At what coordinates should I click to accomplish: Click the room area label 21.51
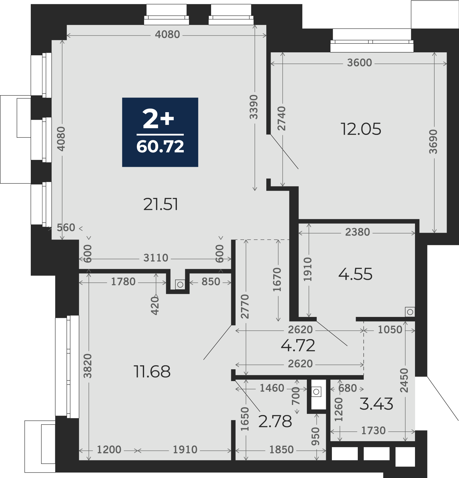[x=160, y=204]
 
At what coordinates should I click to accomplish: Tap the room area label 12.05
[x=361, y=129]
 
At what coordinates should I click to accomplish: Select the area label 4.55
[x=355, y=274]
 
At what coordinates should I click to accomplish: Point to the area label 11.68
[x=152, y=371]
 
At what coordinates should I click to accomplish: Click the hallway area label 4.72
[x=298, y=345]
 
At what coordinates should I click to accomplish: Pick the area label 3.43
[x=376, y=404]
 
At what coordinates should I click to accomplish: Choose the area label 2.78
[x=275, y=421]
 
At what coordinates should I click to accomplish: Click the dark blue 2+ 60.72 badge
[x=160, y=132]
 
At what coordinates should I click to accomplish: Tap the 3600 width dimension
[x=359, y=63]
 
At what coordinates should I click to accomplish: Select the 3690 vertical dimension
[x=433, y=142]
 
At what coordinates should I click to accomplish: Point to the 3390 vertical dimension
[x=254, y=107]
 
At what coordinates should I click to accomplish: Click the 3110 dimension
[x=156, y=258]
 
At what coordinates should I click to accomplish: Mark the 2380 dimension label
[x=357, y=232]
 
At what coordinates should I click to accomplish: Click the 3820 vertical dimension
[x=87, y=366]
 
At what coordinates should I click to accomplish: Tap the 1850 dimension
[x=281, y=450]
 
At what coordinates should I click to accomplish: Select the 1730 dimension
[x=373, y=431]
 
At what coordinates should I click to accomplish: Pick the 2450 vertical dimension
[x=404, y=380]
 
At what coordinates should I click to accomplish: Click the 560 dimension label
[x=66, y=227]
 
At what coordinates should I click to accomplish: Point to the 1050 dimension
[x=390, y=330]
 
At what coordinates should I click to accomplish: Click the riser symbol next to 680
[x=316, y=392]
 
